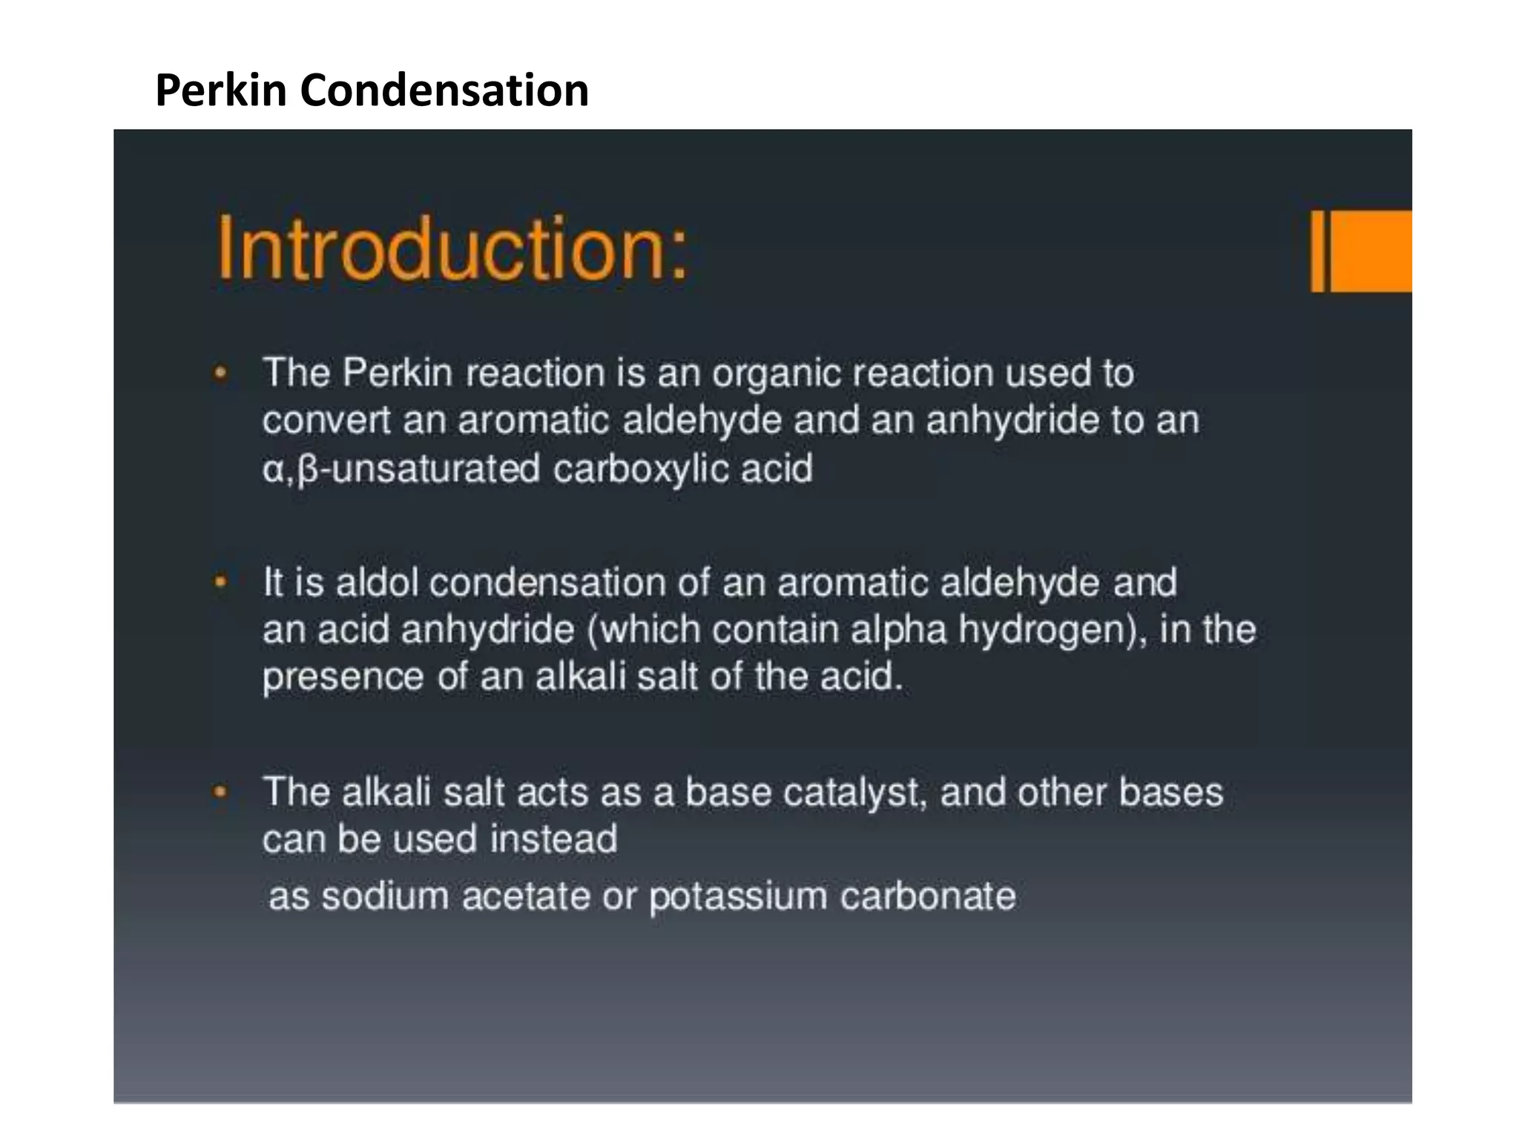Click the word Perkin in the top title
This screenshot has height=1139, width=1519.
pos(221,90)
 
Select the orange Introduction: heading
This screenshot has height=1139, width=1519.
pos(452,248)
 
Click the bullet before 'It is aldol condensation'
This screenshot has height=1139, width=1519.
pos(220,583)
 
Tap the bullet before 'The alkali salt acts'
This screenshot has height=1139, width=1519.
pos(220,793)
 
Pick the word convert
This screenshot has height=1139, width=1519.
pos(326,420)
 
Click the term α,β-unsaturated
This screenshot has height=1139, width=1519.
pos(401,469)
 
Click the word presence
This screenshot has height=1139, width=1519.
pos(343,677)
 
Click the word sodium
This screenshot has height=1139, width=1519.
pos(385,896)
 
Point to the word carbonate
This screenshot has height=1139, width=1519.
pos(927,896)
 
